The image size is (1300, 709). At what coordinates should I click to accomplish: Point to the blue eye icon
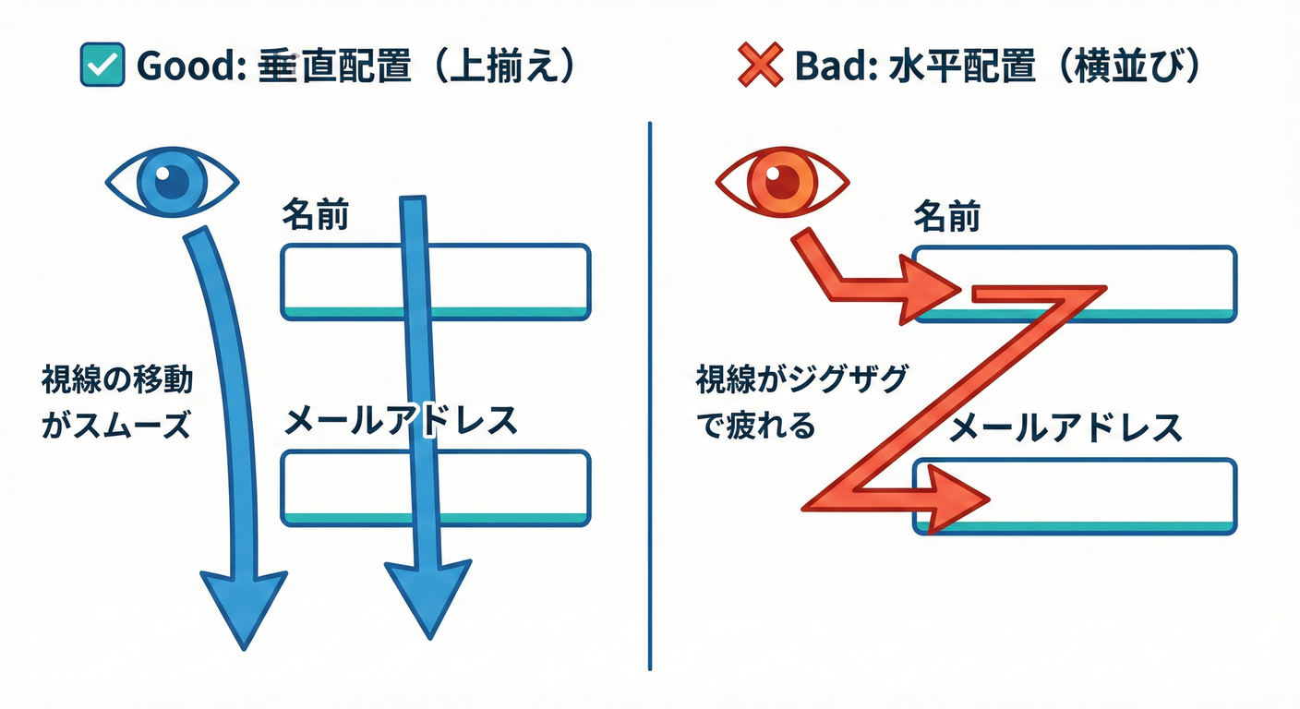click(x=172, y=181)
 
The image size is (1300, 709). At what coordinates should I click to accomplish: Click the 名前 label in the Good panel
click(x=314, y=218)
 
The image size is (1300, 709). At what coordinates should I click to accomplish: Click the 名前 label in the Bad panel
click(x=946, y=218)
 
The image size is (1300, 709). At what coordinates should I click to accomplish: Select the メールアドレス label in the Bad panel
click(x=1066, y=427)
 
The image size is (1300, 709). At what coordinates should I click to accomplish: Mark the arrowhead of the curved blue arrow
click(x=243, y=605)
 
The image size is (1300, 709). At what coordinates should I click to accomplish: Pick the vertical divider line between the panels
click(x=650, y=397)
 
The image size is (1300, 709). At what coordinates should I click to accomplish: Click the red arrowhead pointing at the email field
click(x=960, y=499)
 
